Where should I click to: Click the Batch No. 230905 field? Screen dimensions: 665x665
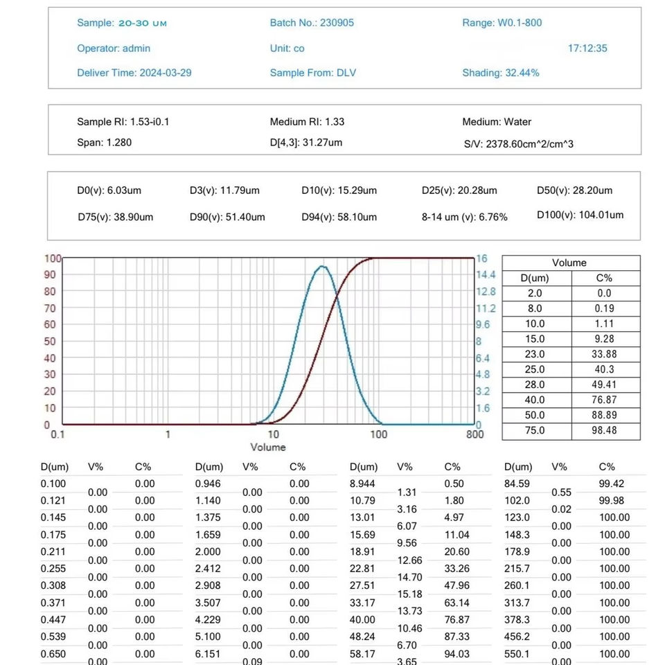(312, 23)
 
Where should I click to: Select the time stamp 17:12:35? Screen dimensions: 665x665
(587, 48)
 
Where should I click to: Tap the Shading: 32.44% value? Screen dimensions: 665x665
(501, 73)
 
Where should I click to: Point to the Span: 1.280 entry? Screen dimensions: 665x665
(104, 143)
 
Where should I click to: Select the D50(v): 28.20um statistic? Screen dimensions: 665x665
(574, 190)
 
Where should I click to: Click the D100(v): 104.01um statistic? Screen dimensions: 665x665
(580, 215)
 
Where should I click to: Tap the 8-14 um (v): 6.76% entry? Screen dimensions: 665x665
(464, 217)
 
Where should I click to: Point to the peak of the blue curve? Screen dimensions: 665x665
(321, 266)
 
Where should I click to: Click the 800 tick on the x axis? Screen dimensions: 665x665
(475, 435)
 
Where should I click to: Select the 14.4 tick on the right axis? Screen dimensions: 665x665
(486, 275)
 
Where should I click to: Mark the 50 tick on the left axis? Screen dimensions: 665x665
(50, 342)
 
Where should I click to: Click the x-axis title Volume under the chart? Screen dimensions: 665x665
(268, 447)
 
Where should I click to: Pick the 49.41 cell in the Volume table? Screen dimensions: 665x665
(605, 384)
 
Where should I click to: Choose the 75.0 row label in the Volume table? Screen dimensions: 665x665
(536, 430)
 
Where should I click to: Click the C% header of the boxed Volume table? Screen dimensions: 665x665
(605, 278)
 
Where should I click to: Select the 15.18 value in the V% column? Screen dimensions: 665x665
(407, 594)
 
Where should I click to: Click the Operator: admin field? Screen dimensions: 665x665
(114, 48)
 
